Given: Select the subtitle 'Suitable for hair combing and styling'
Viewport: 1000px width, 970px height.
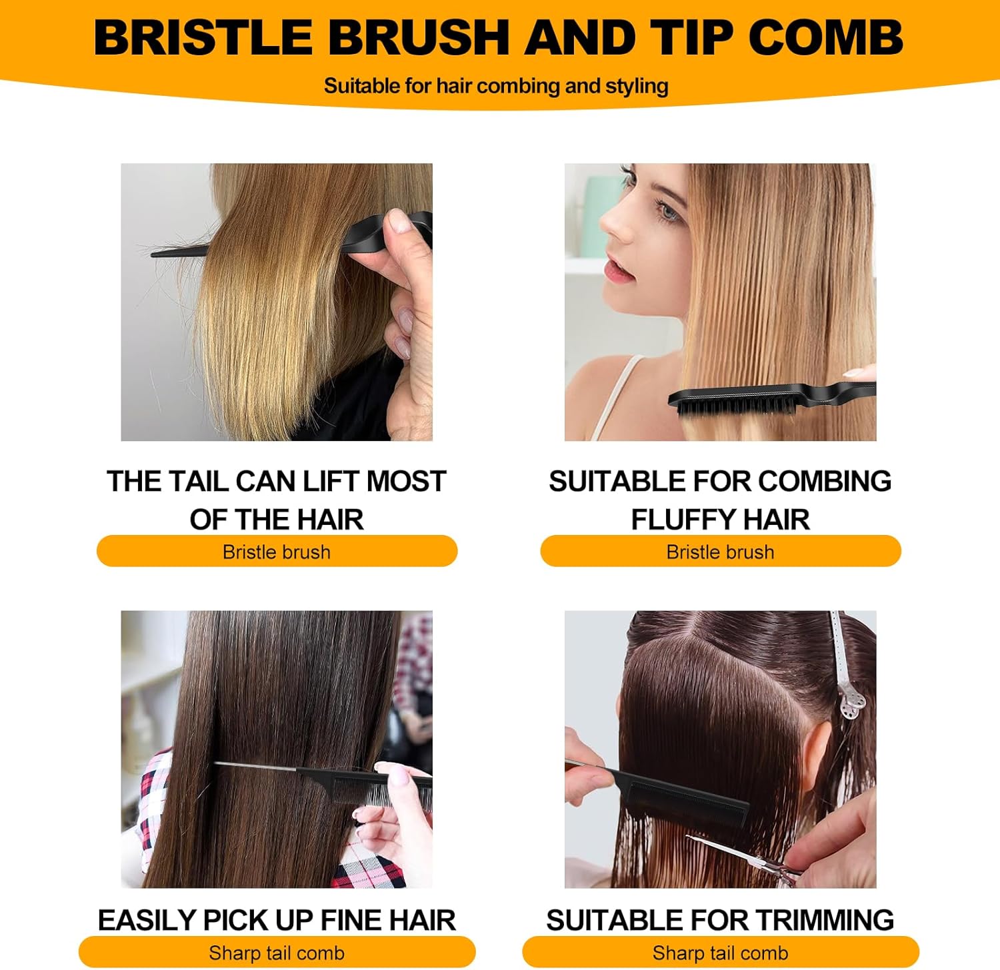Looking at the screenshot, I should [496, 86].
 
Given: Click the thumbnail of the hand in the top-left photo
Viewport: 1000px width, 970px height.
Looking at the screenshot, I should [400, 220].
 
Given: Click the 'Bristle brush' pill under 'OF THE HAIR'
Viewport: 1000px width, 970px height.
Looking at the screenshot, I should [277, 552].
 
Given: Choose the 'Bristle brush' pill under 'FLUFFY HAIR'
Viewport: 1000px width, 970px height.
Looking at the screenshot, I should [720, 552].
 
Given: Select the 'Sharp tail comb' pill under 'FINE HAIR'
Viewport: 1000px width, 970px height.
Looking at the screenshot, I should [277, 953].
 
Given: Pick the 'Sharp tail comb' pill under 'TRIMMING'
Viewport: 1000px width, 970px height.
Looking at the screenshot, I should [720, 953].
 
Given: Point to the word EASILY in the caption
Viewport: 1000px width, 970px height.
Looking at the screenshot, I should [147, 920].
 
